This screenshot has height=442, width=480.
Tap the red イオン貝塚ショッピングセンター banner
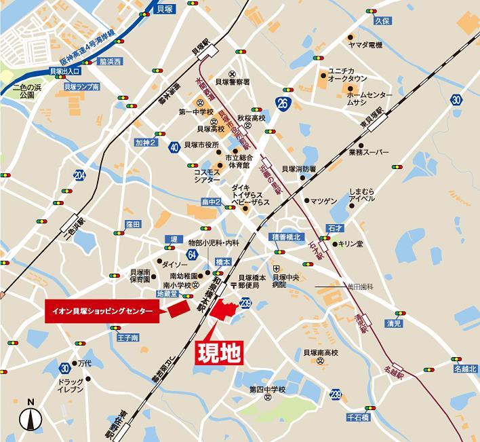[x=105, y=312]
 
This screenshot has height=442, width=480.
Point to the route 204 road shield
[x=81, y=177]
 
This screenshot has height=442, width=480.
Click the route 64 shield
[x=193, y=254]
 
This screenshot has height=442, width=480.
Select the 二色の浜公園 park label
[x=26, y=92]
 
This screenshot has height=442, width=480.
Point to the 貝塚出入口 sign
[x=65, y=71]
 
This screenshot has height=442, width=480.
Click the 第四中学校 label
[x=268, y=389]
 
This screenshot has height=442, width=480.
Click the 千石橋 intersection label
[x=357, y=418]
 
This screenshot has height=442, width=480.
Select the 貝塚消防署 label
[x=299, y=169]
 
